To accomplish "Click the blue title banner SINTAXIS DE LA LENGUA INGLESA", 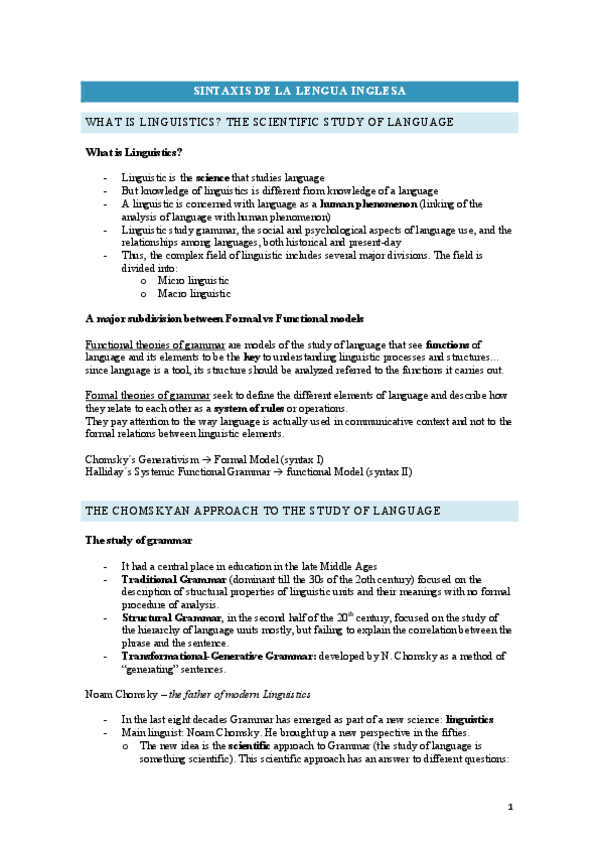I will tap(299, 91).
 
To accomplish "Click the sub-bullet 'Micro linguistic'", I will tap(194, 281).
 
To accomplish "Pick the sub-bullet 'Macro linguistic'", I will tap(195, 294).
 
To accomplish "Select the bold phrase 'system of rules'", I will tap(250, 409).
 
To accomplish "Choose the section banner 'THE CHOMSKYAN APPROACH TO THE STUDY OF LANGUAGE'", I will tap(262, 511).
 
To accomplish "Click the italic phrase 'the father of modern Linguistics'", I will tap(229, 694).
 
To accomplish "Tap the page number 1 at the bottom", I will tap(509, 807).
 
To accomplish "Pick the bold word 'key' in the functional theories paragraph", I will tap(252, 357).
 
